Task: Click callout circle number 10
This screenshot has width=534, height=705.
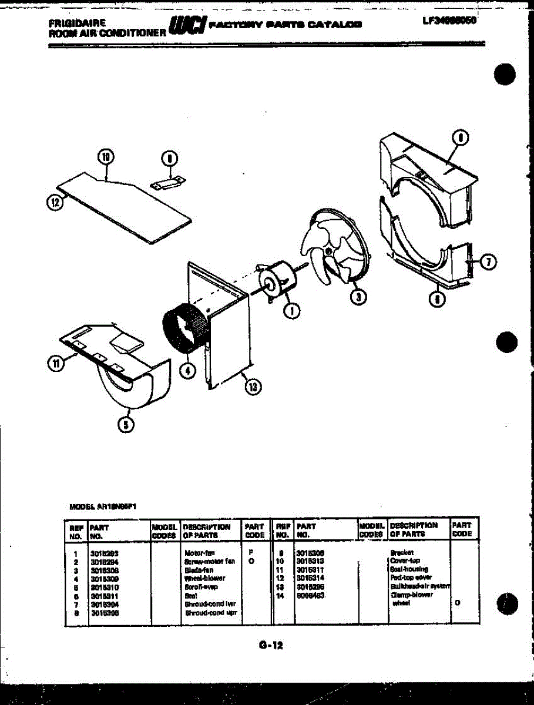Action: click(105, 157)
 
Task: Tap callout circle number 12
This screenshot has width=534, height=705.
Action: click(55, 202)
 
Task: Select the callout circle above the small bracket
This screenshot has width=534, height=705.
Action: click(169, 157)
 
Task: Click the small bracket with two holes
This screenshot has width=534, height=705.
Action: click(169, 183)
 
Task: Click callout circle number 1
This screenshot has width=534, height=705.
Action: click(290, 311)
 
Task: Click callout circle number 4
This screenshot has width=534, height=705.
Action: click(187, 371)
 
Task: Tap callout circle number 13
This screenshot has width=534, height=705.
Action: click(253, 387)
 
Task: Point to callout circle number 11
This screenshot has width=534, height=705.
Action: click(55, 364)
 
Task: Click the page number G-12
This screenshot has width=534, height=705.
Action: click(271, 645)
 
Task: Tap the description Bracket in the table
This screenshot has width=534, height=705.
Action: click(402, 553)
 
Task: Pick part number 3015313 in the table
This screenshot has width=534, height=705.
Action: click(311, 561)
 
